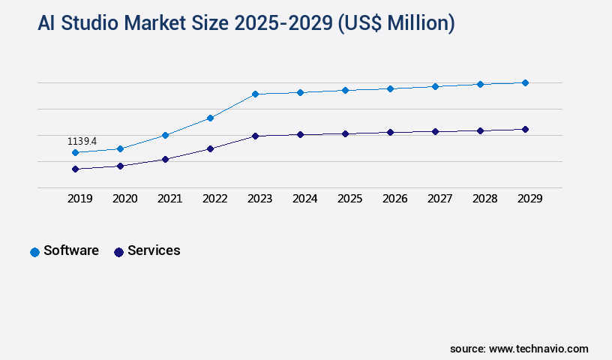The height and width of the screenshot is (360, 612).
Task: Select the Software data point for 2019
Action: click(75, 152)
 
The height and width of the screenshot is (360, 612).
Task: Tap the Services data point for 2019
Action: click(75, 169)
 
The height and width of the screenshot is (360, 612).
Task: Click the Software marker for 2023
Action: click(255, 94)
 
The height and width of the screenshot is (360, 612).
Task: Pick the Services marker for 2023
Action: click(255, 136)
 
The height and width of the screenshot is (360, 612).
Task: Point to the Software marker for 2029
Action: click(525, 82)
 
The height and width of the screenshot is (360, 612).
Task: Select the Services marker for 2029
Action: click(525, 129)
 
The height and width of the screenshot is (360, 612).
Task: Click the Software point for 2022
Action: click(210, 118)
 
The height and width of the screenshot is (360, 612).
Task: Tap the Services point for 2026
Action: click(390, 132)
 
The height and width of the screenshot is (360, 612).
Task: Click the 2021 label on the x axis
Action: click(169, 199)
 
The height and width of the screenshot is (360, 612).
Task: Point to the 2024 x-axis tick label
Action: click(304, 199)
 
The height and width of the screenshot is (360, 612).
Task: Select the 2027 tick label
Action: click(439, 199)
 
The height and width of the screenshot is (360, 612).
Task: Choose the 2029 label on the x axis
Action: click(529, 199)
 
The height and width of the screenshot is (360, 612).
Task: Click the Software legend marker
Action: click(34, 252)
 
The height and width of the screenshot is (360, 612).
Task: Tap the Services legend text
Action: click(154, 250)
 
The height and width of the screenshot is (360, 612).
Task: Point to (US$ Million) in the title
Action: click(396, 23)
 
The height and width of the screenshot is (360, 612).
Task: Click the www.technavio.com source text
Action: click(538, 349)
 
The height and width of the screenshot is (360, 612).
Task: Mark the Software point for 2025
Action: click(345, 90)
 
